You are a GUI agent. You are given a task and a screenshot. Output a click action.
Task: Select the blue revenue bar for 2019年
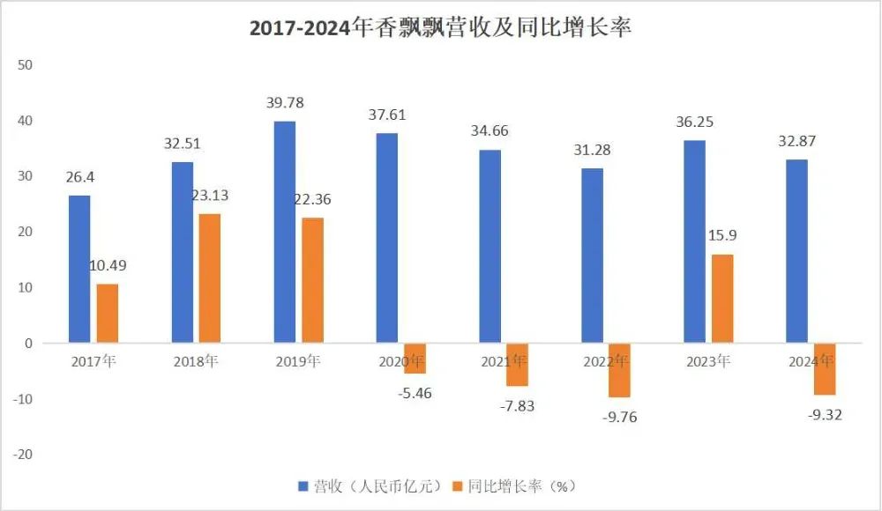point(285,233)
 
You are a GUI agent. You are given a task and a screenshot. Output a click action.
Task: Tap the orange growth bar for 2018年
point(210,278)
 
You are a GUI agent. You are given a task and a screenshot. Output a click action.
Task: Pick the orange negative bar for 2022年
point(619,370)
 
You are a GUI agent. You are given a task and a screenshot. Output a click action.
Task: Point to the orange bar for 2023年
point(721,298)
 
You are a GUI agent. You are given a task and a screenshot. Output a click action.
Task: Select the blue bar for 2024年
point(796,251)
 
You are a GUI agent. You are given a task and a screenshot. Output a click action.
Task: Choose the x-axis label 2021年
point(504,361)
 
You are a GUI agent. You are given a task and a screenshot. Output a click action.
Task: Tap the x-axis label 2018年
point(196,361)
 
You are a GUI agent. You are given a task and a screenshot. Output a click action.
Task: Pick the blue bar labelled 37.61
point(387,238)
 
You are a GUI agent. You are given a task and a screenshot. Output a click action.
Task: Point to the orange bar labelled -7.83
point(517,365)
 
